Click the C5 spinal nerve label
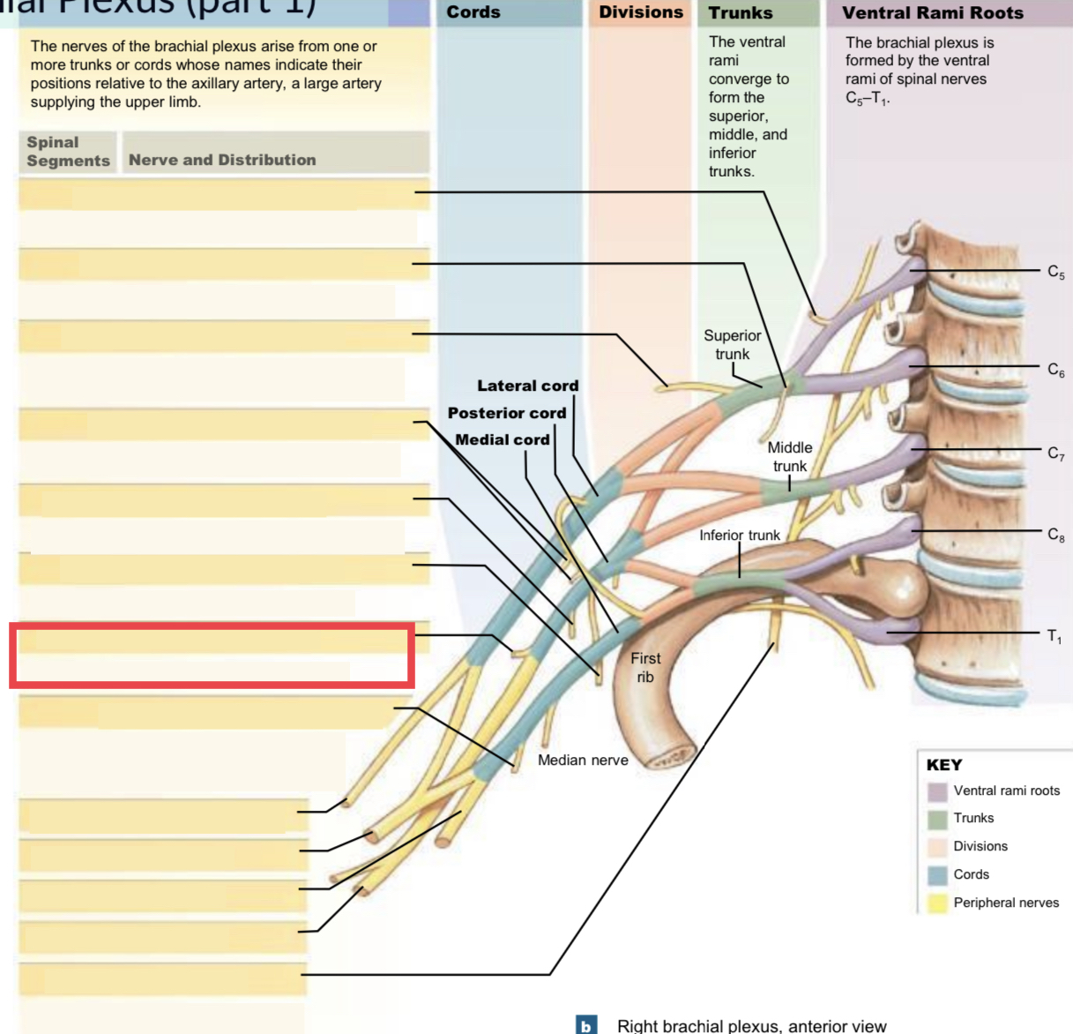click(x=1055, y=272)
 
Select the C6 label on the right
click(x=1055, y=370)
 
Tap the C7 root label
click(x=1055, y=453)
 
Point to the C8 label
click(x=1055, y=535)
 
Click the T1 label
click(x=1054, y=636)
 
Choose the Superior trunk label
click(x=732, y=345)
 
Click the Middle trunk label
click(x=790, y=457)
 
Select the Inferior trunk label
click(x=739, y=536)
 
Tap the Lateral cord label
click(x=527, y=386)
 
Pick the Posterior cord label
click(x=507, y=413)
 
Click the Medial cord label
click(x=502, y=439)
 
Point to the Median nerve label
click(x=583, y=760)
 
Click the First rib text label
click(x=645, y=668)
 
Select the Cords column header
click(x=473, y=12)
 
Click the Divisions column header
click(x=641, y=12)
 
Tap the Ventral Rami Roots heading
click(x=933, y=13)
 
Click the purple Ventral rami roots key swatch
click(x=937, y=791)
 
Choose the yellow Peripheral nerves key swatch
click(x=937, y=903)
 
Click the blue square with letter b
click(x=585, y=1025)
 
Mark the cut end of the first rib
click(x=672, y=758)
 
